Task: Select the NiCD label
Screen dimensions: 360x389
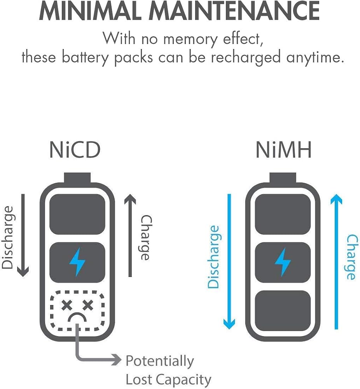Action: [75, 150]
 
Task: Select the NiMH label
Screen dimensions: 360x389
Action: [283, 150]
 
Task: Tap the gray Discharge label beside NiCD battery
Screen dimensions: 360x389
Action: [7, 237]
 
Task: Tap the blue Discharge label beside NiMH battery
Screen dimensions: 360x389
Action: [213, 257]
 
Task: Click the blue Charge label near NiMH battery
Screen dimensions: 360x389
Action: [352, 257]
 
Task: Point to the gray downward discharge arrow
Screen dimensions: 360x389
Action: [23, 235]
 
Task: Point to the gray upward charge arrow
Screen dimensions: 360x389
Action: [130, 235]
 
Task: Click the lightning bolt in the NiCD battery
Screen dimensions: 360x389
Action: [77, 262]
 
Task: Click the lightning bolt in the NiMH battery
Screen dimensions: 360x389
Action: [283, 262]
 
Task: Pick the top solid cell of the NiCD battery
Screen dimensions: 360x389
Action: [77, 214]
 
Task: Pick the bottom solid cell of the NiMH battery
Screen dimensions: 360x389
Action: [283, 310]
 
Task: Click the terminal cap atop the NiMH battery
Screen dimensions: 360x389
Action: [283, 178]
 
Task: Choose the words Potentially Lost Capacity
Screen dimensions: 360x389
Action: [168, 370]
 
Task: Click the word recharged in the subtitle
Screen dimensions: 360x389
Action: [246, 58]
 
